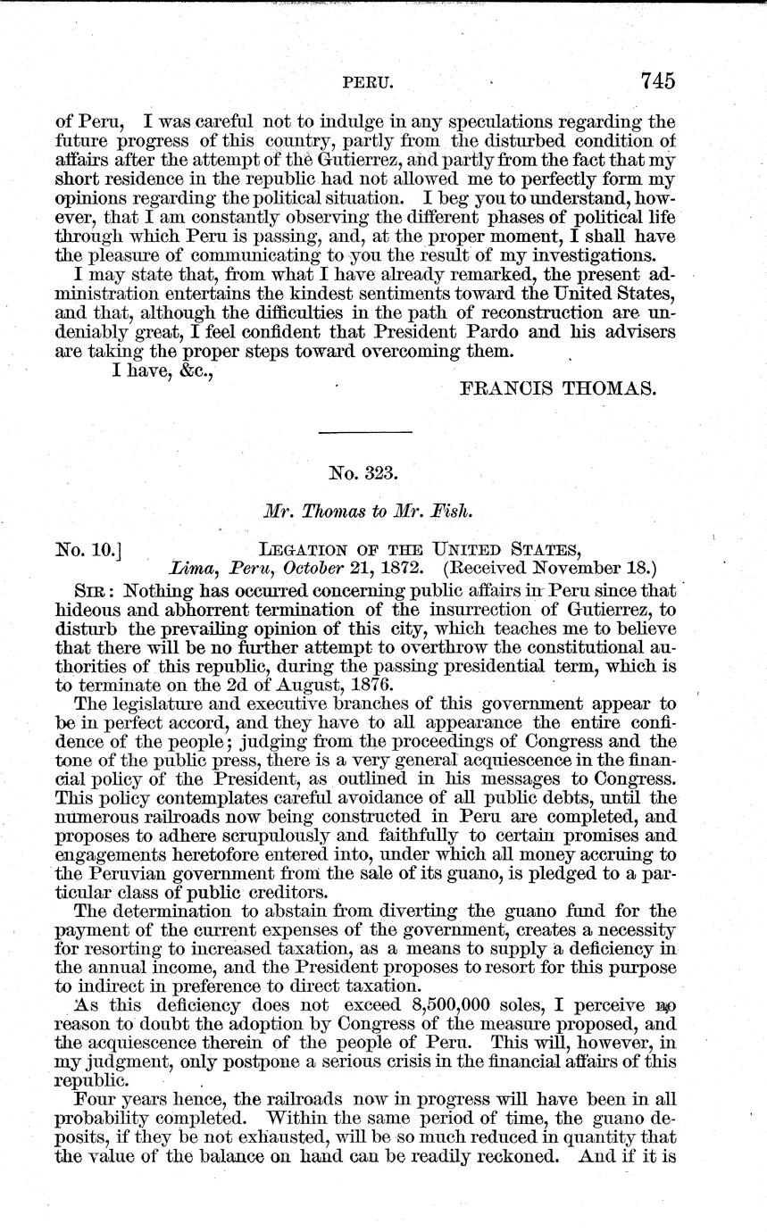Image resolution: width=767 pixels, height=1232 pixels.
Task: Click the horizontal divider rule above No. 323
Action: [x=365, y=433]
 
